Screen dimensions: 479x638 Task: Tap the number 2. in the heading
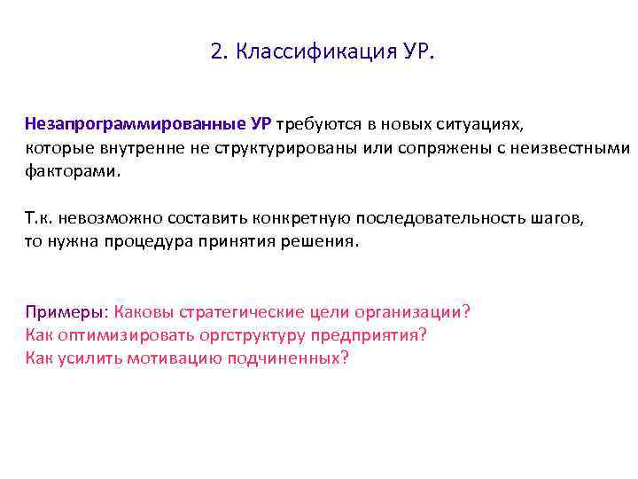coord(219,52)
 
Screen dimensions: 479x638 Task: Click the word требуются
coord(317,124)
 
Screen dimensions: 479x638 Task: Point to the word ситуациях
coord(483,124)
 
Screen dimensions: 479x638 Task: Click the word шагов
coord(556,218)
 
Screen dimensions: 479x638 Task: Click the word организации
coord(408,312)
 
